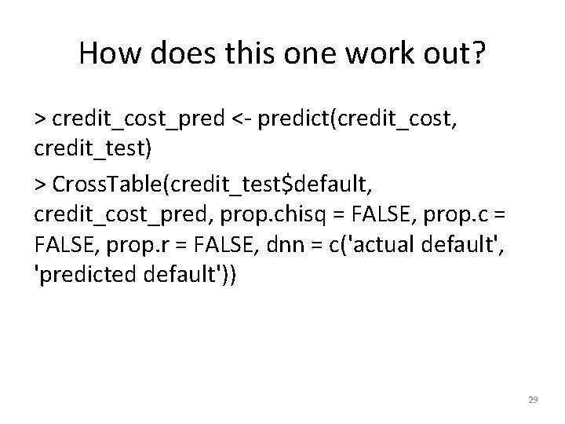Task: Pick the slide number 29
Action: coord(534,400)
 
